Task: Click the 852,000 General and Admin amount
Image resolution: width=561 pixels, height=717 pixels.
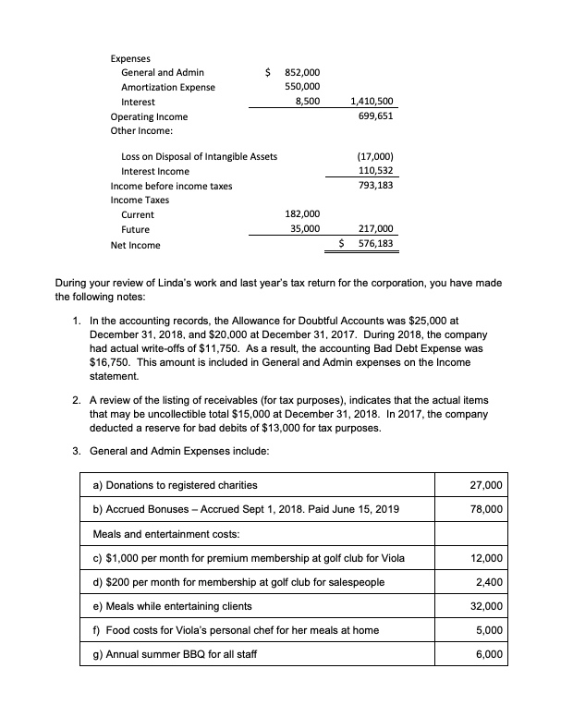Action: point(301,72)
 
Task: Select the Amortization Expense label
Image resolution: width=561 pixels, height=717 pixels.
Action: point(168,87)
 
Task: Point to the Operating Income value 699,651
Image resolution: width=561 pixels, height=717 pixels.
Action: point(375,116)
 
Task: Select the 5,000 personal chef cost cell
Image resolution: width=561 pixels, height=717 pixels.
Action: point(495,630)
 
